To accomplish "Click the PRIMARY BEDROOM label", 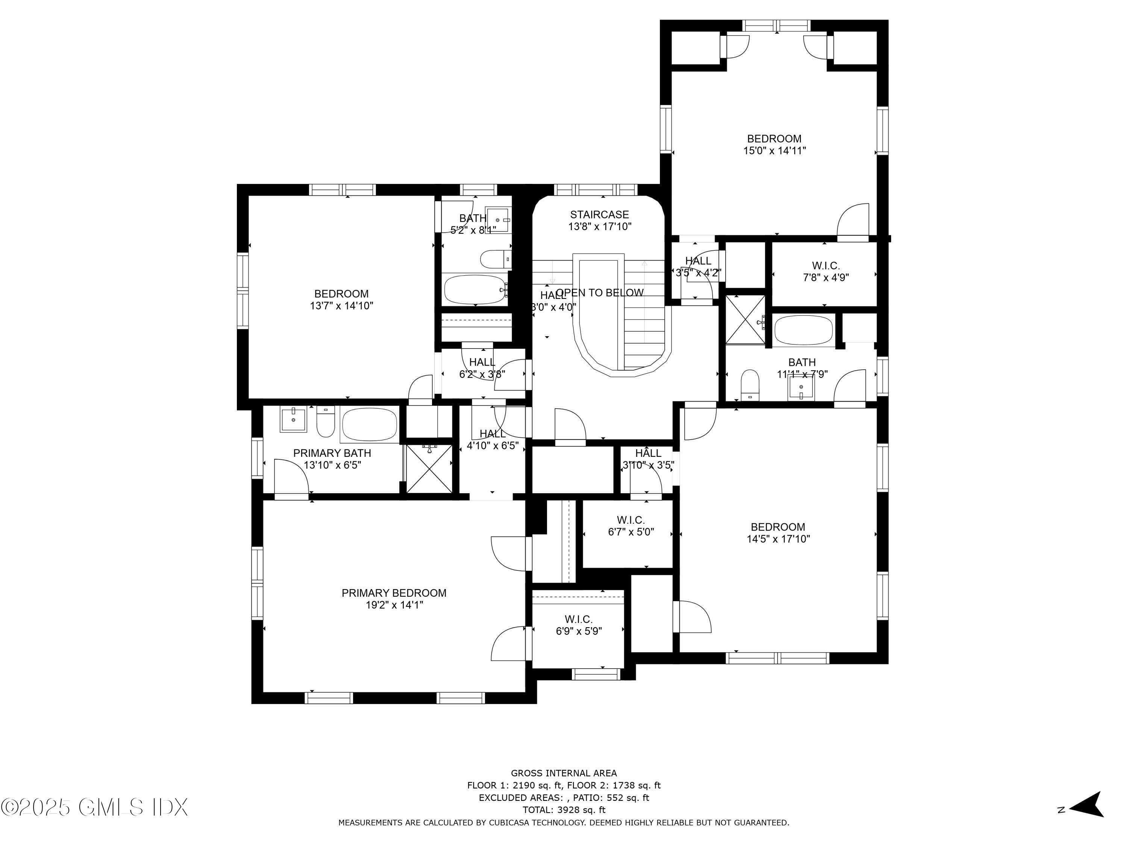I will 394,593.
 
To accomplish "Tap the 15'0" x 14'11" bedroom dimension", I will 774,150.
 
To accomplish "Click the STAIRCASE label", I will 599,215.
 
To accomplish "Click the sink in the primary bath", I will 293,419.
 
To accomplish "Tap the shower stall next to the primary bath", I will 429,468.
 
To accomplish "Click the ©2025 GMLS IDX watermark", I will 94,807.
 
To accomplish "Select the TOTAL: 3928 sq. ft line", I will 564,810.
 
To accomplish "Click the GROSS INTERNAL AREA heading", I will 564,773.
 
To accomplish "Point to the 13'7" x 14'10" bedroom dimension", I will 341,306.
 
